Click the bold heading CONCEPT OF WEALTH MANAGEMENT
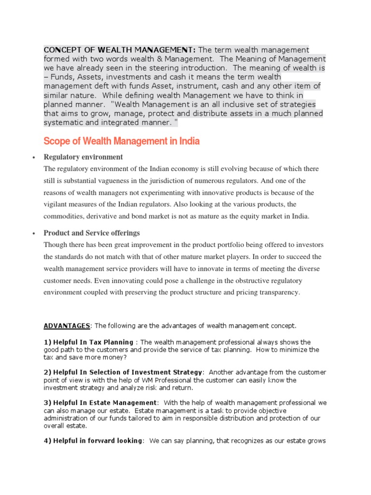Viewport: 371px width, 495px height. pyautogui.click(x=120, y=50)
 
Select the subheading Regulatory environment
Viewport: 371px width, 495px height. pyautogui.click(x=83, y=157)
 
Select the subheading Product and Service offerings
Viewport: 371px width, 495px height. pyautogui.click(x=91, y=233)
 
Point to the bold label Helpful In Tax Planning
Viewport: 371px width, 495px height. pyautogui.click(x=90, y=342)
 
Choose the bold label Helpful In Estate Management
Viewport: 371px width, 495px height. pyautogui.click(x=105, y=403)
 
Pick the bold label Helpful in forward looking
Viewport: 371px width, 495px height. pyautogui.click(x=98, y=440)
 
